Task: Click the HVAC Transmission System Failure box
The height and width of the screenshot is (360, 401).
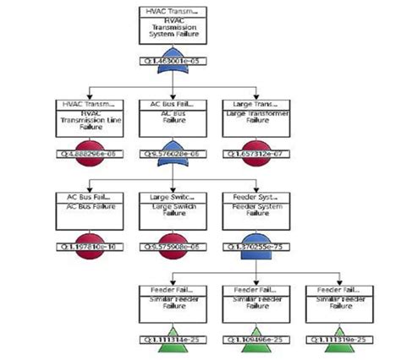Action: [173, 25]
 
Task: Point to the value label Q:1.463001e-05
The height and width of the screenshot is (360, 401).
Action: [173, 62]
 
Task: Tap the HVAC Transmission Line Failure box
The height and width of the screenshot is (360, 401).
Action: [89, 118]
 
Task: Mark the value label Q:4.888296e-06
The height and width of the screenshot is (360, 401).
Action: [89, 155]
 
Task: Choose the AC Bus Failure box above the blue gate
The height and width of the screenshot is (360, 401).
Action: [173, 118]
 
